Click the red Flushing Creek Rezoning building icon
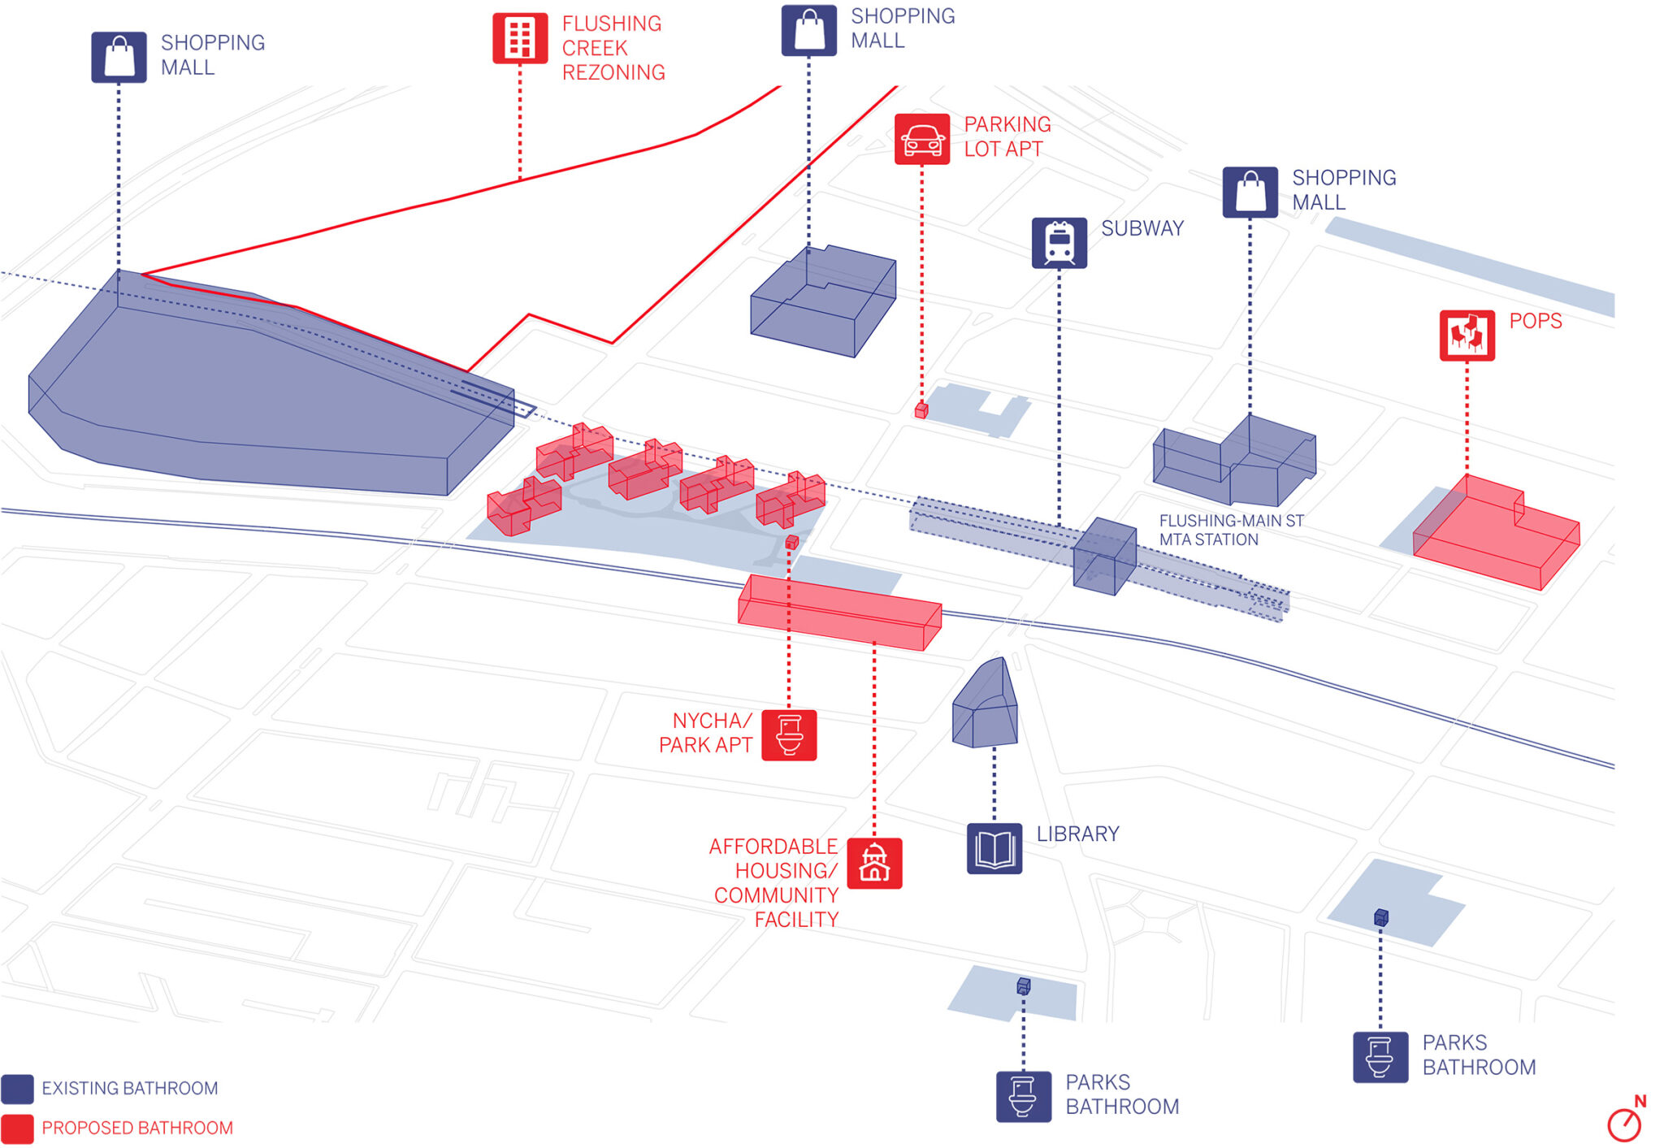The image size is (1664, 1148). click(520, 38)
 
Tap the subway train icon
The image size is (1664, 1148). click(1059, 242)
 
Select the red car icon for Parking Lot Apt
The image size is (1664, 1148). click(922, 139)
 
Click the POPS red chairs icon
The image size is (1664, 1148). click(1467, 335)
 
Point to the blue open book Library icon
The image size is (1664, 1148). click(994, 849)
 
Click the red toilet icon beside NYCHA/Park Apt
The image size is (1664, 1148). click(789, 735)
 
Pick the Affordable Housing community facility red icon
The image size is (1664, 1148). click(874, 863)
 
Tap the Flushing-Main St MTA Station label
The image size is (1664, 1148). click(1230, 530)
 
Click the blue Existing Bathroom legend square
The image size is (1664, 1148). click(18, 1089)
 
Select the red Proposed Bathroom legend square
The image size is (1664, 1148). click(18, 1129)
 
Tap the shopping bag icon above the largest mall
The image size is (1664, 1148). click(119, 57)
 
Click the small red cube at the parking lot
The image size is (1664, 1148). click(921, 410)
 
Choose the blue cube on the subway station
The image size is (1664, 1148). click(1104, 557)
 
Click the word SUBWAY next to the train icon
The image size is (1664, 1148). click(1142, 228)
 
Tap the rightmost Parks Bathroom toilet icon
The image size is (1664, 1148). click(1380, 1057)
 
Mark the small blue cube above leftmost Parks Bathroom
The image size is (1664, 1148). click(1024, 986)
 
